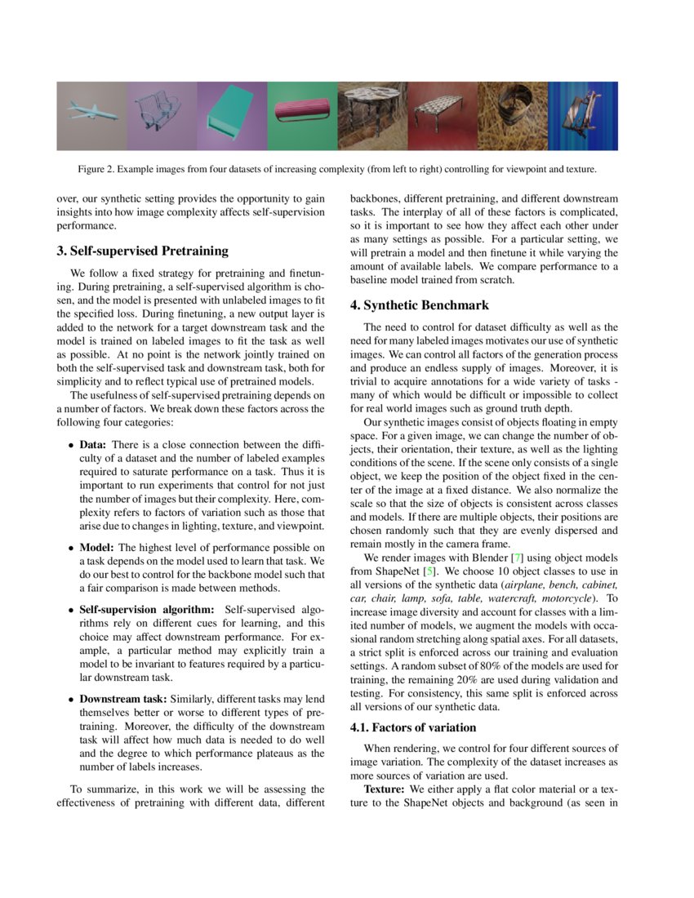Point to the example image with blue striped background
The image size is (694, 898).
point(582,115)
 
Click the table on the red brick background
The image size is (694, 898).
point(442,115)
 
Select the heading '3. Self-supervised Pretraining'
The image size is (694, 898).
point(143,251)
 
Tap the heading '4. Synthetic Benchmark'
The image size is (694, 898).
point(420,305)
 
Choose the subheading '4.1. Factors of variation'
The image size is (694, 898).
point(413,727)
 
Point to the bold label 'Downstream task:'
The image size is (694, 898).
point(122,700)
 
